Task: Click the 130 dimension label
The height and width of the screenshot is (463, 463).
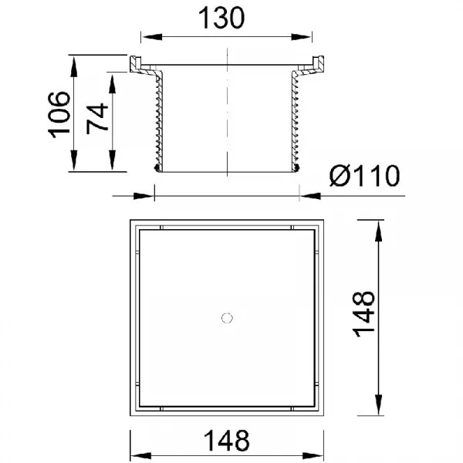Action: (x=221, y=19)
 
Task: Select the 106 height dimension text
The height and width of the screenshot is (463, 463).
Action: (x=59, y=114)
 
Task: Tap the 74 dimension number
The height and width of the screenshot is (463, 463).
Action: (x=97, y=118)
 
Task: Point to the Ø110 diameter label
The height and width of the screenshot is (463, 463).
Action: (x=365, y=176)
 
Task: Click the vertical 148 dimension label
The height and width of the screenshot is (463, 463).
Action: (x=363, y=314)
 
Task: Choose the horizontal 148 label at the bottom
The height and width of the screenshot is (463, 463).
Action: (x=227, y=441)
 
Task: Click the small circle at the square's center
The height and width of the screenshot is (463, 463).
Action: (x=227, y=318)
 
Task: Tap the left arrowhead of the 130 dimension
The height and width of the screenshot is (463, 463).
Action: (x=151, y=37)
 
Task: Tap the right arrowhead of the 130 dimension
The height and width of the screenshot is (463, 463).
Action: (x=302, y=37)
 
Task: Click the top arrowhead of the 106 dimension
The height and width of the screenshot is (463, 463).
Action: (x=74, y=66)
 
